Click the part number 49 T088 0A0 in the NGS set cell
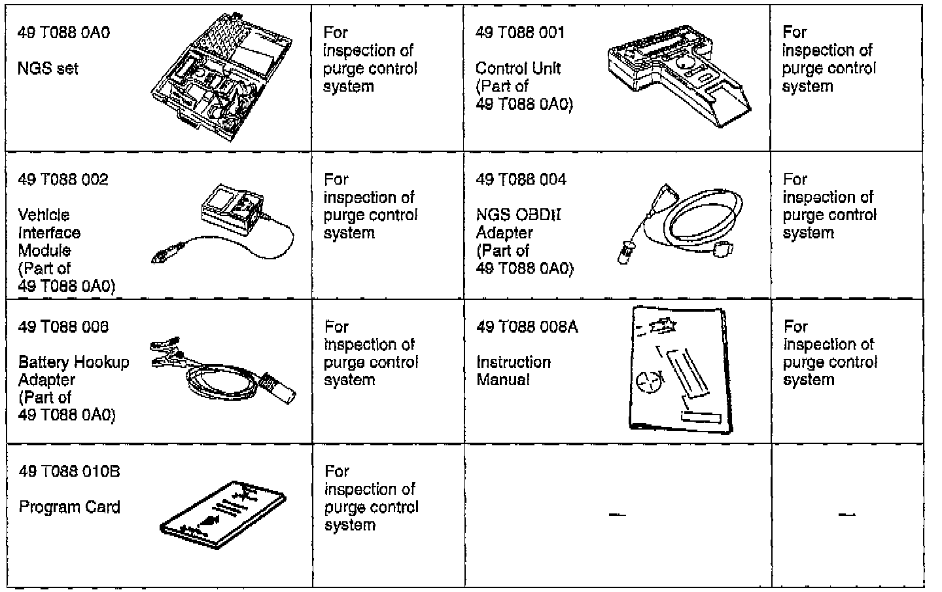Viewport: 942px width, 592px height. [x=63, y=33]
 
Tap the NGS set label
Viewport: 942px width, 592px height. [x=48, y=68]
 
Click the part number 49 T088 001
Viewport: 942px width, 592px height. [x=520, y=33]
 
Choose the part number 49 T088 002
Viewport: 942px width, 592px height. [x=63, y=179]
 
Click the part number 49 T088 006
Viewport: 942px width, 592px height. [x=63, y=327]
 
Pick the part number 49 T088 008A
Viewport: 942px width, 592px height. [x=527, y=327]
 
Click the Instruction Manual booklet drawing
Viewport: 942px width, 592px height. [x=678, y=370]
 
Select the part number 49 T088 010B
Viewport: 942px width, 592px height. [x=69, y=472]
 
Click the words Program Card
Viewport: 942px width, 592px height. [x=69, y=507]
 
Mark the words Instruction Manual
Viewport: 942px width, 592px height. [x=514, y=371]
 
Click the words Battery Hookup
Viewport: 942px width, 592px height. [x=74, y=362]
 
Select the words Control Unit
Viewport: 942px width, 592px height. [x=518, y=68]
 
